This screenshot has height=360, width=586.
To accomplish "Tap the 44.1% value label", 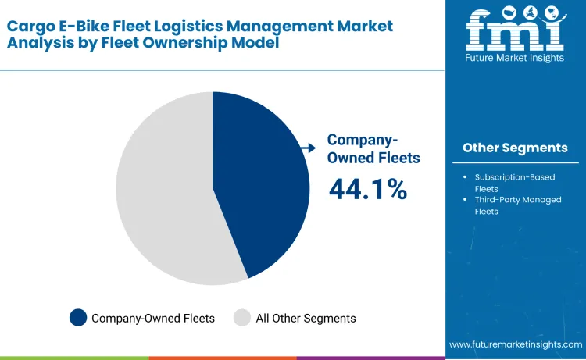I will (367, 189).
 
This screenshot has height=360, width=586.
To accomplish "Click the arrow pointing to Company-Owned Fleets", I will (310, 147).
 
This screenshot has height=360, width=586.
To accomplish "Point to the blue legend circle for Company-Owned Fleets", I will (78, 318).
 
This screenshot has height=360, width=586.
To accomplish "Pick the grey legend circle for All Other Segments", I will (242, 318).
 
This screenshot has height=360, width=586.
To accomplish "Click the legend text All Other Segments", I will (306, 318).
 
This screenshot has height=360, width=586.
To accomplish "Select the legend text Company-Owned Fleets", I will (153, 318).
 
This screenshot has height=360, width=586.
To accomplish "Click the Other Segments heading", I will (515, 148).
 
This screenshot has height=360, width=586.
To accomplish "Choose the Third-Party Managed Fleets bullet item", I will (517, 205).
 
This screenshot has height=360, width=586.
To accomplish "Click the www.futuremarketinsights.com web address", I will (516, 344).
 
